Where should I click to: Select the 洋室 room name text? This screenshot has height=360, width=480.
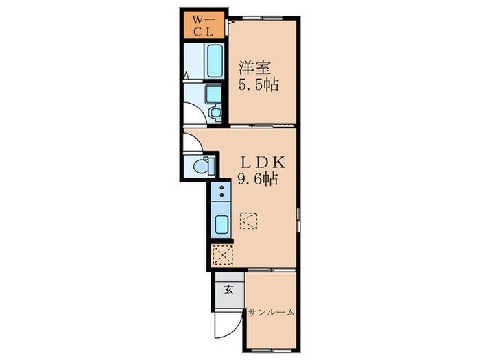click(x=255, y=69)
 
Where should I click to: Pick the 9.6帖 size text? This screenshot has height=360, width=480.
click(x=258, y=180)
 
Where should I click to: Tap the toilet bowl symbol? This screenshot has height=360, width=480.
click(x=204, y=165)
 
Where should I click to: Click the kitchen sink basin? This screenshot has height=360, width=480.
click(x=221, y=224)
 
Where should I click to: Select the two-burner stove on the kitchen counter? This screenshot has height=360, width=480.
click(x=222, y=194)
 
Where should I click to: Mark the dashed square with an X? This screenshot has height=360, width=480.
click(x=222, y=254)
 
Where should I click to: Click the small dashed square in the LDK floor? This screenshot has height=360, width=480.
click(x=248, y=221)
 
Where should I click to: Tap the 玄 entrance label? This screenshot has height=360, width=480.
click(x=228, y=289)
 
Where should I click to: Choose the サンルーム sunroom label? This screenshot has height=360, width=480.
click(x=272, y=312)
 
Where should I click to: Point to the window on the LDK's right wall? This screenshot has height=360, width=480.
click(x=298, y=219)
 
